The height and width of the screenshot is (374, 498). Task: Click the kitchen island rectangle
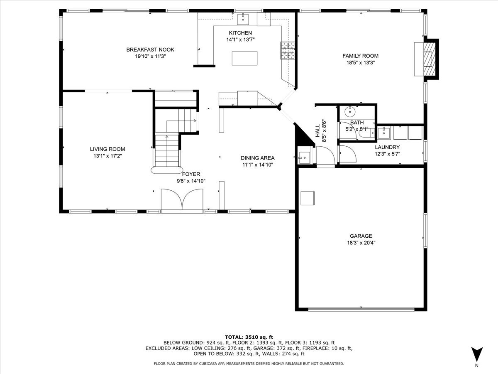[x=244, y=58]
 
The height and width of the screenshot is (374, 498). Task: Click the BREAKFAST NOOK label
[x=150, y=49]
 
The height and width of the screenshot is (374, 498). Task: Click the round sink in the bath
[x=350, y=111]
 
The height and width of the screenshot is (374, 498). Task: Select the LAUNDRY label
[x=387, y=147]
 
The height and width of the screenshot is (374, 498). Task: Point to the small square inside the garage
[x=308, y=198]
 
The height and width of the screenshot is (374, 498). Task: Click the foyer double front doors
[x=182, y=200]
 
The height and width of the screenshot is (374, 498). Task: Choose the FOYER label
[x=191, y=174]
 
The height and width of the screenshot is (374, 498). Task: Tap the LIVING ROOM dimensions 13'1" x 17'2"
[x=107, y=155]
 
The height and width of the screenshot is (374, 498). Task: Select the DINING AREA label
[x=258, y=158]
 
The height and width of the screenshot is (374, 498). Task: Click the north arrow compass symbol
[x=477, y=354]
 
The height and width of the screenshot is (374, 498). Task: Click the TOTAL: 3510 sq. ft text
[x=249, y=337]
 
